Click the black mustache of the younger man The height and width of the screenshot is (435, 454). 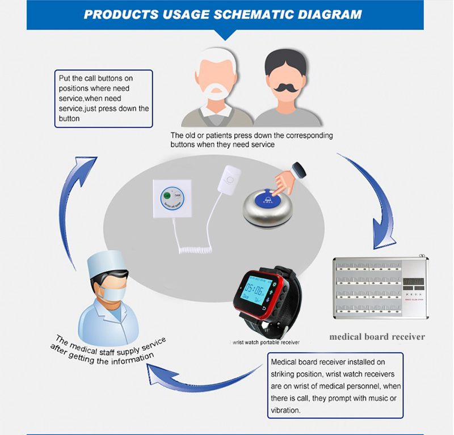click(283, 88)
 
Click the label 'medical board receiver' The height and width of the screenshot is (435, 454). click(377, 336)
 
